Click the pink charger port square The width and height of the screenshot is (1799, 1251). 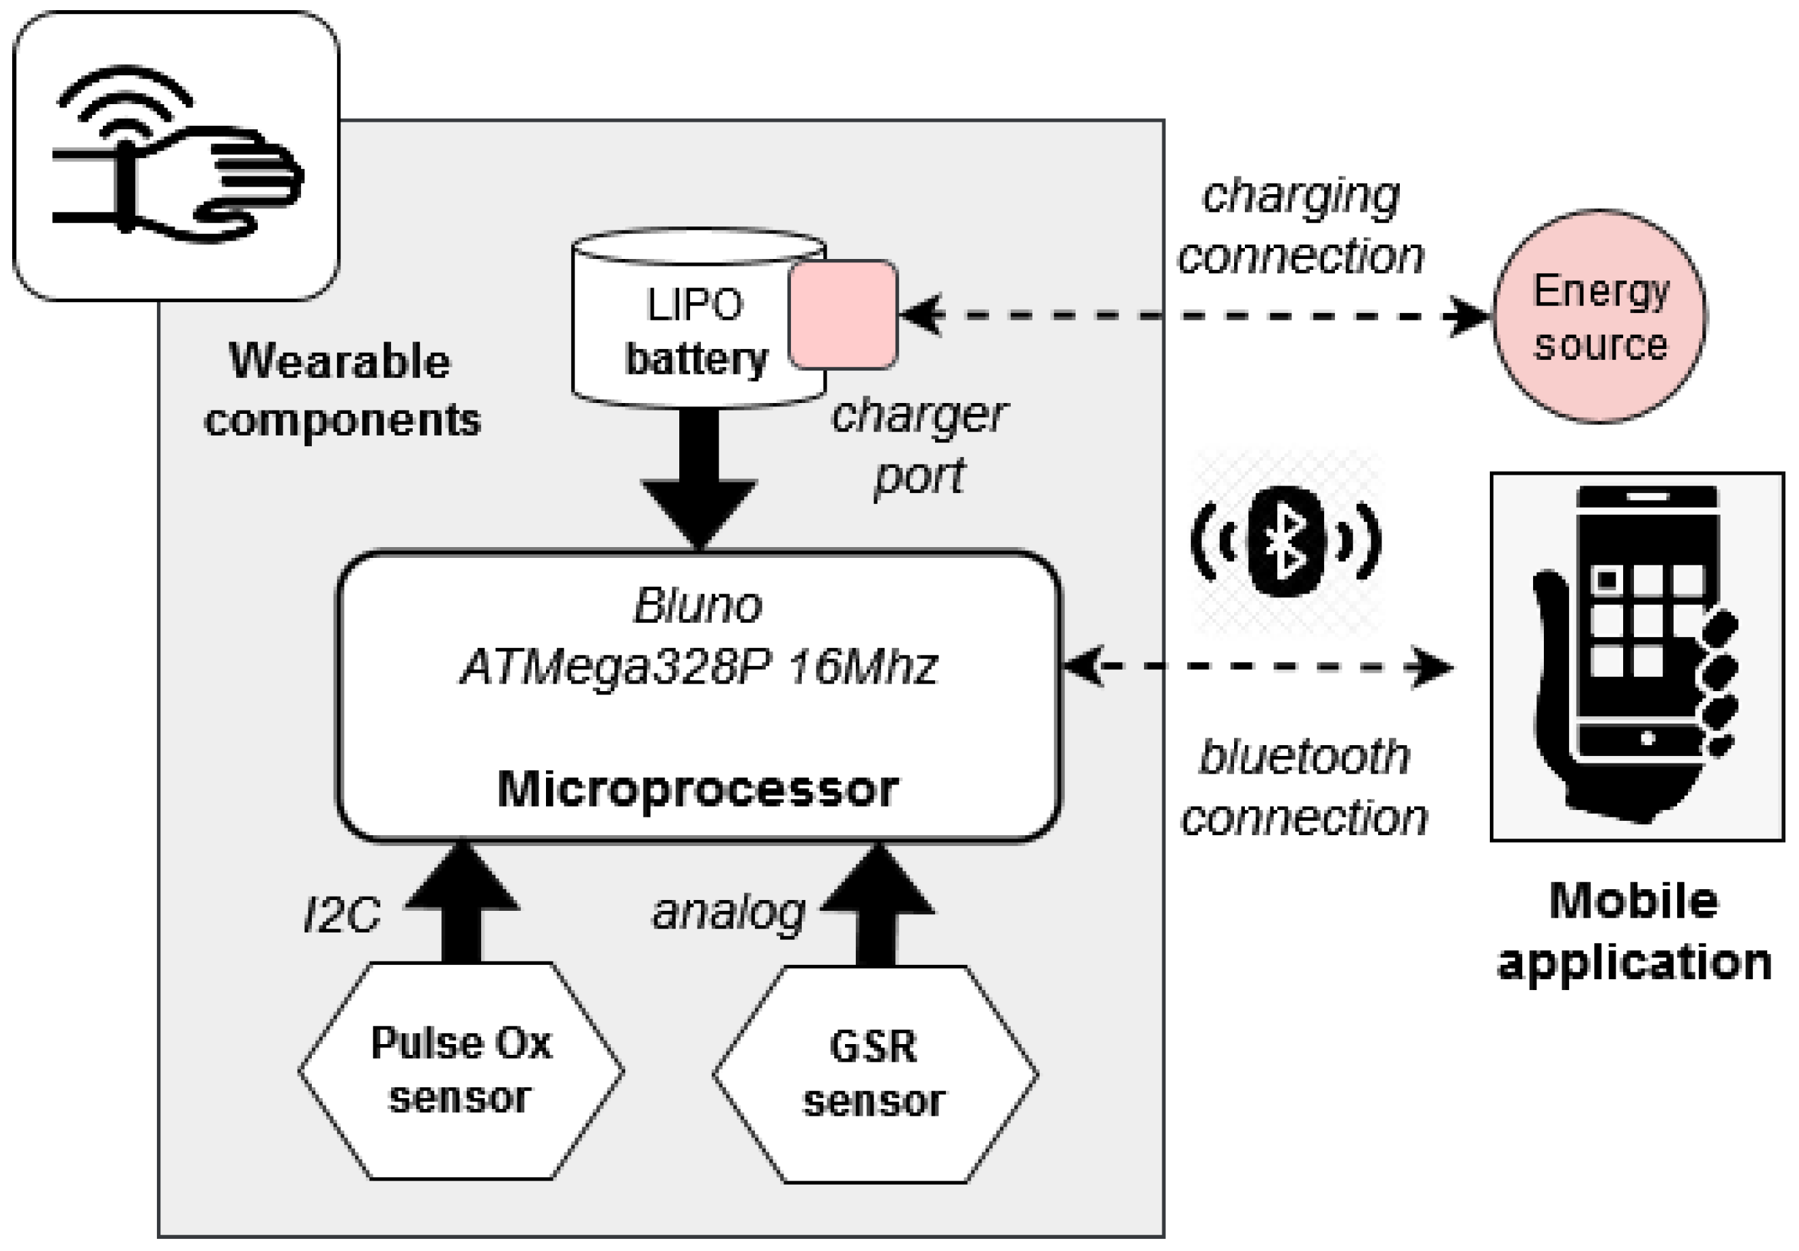tap(842, 314)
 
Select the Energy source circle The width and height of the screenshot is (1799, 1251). tap(1600, 316)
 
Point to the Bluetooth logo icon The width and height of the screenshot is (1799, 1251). tap(1285, 541)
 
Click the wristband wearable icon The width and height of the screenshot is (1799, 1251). tap(177, 156)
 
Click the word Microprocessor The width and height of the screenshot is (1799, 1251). tap(698, 789)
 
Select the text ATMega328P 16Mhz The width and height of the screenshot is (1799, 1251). tap(698, 667)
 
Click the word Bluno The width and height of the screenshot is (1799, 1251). tap(698, 605)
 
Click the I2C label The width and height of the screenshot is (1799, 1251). tap(342, 914)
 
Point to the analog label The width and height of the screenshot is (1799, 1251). tap(728, 913)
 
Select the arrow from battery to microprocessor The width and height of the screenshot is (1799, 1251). tap(698, 478)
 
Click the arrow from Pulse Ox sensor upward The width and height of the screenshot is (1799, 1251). tap(461, 901)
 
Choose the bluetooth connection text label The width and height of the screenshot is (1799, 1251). tap(1304, 787)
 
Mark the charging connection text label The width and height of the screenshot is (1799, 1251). tap(1300, 226)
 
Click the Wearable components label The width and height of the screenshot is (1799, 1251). tap(342, 390)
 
